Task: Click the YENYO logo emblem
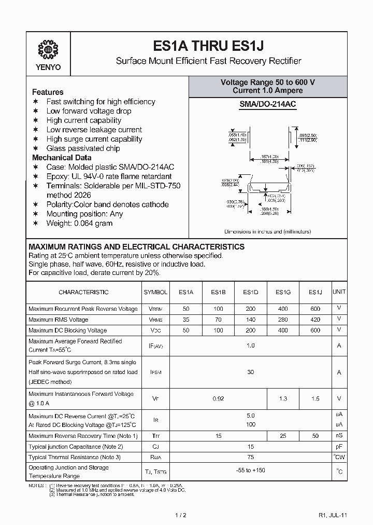[48, 50]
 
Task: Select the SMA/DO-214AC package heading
[268, 104]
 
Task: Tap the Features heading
[48, 92]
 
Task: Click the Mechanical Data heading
[62, 158]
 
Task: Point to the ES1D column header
[251, 293]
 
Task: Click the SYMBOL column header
[155, 293]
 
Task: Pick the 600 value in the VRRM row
[315, 309]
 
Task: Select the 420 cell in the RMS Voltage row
[315, 320]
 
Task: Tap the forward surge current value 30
[251, 372]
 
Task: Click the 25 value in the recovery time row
[283, 436]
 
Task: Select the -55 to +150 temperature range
[251, 471]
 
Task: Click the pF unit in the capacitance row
[339, 446]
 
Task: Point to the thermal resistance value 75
[251, 457]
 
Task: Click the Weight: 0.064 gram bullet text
[79, 223]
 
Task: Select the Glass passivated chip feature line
[83, 148]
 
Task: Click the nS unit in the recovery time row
[339, 436]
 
